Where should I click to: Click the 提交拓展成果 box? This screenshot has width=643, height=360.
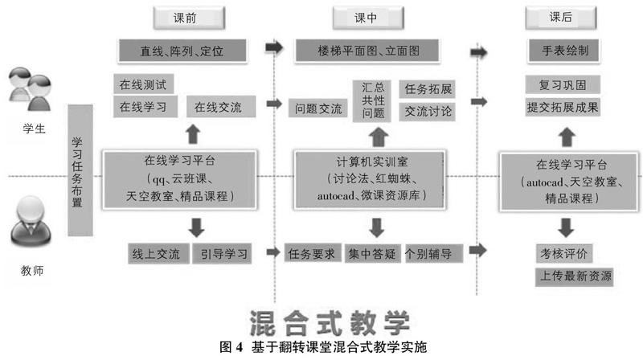pos(563,106)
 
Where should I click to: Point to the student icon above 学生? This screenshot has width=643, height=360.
pos(30,92)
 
